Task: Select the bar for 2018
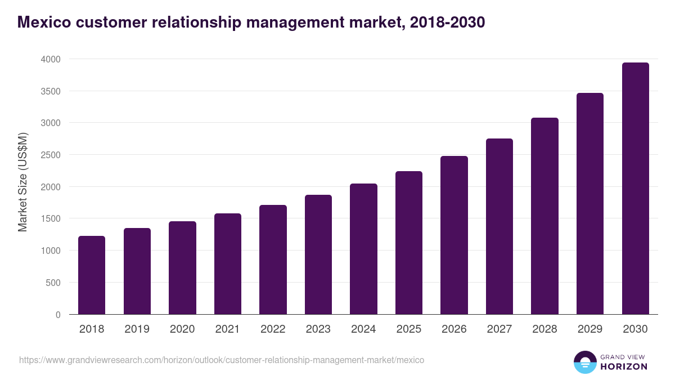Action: click(x=92, y=275)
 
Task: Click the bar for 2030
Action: click(x=635, y=189)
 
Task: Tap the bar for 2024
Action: click(x=363, y=249)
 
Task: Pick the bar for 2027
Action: click(x=499, y=226)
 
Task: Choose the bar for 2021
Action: click(x=228, y=263)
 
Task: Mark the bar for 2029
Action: click(x=590, y=204)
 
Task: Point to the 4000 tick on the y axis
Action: click(x=51, y=59)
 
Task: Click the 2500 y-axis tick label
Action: click(x=51, y=155)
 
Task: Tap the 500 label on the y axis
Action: click(x=53, y=283)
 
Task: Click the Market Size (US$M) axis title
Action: click(x=22, y=182)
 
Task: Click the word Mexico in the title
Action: click(x=44, y=23)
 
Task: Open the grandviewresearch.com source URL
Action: click(x=221, y=360)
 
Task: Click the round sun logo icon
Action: click(x=584, y=362)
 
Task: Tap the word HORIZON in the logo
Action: click(x=624, y=366)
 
